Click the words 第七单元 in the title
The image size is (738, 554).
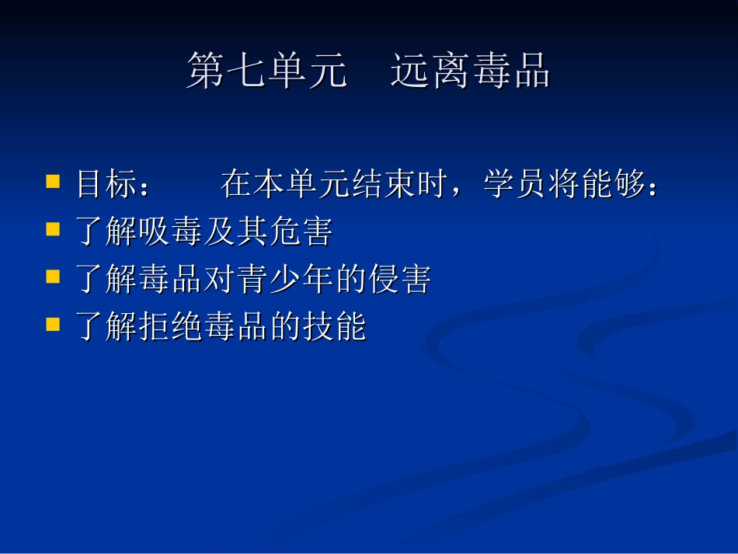pos(266,71)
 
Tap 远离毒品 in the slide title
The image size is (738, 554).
pos(470,71)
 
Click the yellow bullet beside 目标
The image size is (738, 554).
pos(53,183)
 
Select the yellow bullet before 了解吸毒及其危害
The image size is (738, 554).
pos(53,230)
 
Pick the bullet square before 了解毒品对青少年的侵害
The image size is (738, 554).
pos(53,277)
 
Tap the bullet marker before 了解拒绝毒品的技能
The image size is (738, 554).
pos(53,324)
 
